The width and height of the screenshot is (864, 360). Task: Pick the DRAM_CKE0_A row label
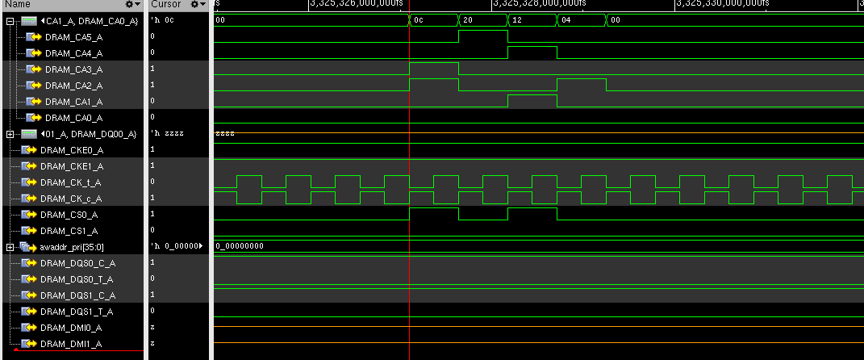click(x=72, y=150)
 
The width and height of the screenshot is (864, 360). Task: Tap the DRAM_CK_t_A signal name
click(x=72, y=182)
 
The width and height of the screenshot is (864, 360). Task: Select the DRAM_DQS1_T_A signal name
click(x=77, y=312)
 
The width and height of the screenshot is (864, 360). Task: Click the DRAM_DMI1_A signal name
click(x=71, y=344)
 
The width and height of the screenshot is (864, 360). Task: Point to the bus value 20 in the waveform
click(x=469, y=20)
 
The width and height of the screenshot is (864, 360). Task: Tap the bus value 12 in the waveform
click(x=517, y=20)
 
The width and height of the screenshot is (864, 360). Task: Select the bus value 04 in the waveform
click(x=566, y=20)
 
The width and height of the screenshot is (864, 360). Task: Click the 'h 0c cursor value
click(x=162, y=20)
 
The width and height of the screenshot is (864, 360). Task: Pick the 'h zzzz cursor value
click(x=167, y=134)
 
